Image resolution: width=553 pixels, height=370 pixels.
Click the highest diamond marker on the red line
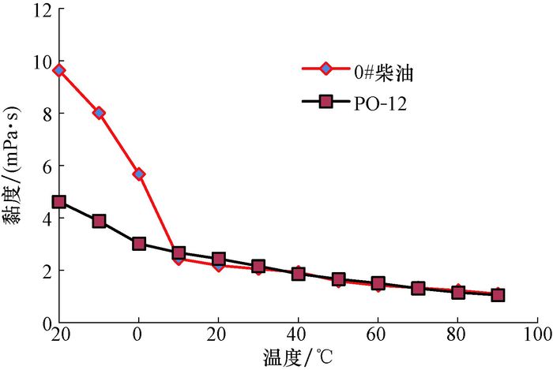pyautogui.click(x=58, y=70)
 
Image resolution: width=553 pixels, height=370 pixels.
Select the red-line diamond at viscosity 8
pyautogui.click(x=99, y=113)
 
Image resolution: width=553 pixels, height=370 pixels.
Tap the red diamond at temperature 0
pyautogui.click(x=139, y=174)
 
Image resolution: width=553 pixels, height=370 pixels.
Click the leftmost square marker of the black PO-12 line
pyautogui.click(x=58, y=202)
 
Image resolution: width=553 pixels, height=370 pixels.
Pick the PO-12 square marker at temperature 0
pyautogui.click(x=139, y=244)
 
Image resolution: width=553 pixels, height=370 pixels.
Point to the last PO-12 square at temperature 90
pyautogui.click(x=498, y=295)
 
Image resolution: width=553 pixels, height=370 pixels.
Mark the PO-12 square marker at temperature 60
pyautogui.click(x=378, y=283)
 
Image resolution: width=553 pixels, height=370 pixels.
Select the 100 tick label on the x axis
pyautogui.click(x=537, y=334)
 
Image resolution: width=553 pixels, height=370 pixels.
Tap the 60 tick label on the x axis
pyautogui.click(x=378, y=334)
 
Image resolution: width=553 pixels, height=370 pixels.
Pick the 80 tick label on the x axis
pyautogui.click(x=457, y=334)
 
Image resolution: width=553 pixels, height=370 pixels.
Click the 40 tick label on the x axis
pyautogui.click(x=298, y=334)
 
